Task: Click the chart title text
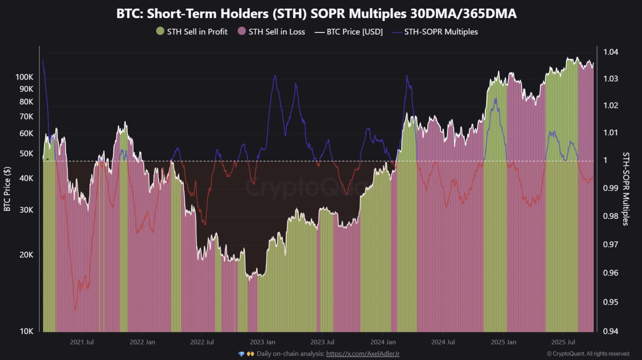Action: tap(316, 14)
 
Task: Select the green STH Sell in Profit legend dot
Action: tap(160, 31)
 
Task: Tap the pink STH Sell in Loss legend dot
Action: tap(242, 31)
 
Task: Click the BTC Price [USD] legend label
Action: tap(354, 32)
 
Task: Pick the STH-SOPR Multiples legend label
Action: tap(441, 32)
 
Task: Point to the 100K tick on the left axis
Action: tap(24, 77)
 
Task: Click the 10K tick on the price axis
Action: tap(26, 331)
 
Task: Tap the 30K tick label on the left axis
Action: tap(26, 210)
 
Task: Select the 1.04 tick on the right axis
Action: tap(611, 52)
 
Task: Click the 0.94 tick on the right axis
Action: tap(611, 331)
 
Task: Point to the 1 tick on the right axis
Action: tap(605, 160)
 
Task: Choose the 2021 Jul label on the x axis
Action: tap(82, 342)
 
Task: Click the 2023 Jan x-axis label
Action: tap(262, 342)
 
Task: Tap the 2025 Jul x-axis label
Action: tap(563, 342)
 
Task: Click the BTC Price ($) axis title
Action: tap(7, 189)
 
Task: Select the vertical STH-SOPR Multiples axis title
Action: tap(626, 189)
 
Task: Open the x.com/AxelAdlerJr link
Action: tap(363, 354)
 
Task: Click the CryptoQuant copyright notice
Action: tap(588, 354)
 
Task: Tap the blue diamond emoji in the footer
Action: tap(241, 354)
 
